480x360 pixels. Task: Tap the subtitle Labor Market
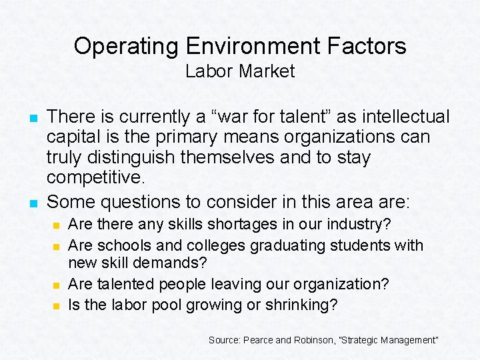tap(240, 71)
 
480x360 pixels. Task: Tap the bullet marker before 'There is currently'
tap(32, 118)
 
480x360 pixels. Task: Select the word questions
tap(141, 201)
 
